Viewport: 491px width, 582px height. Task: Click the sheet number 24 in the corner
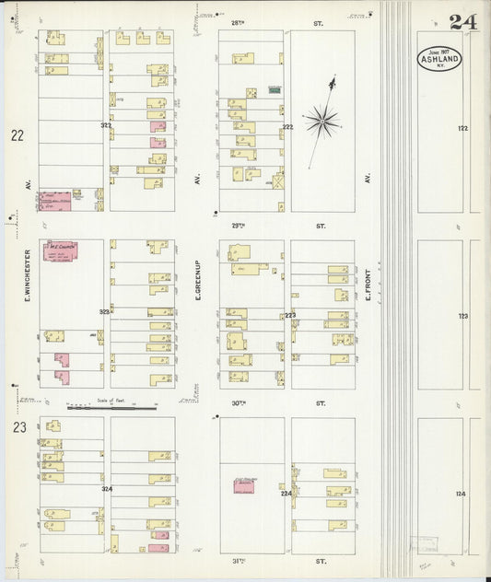[x=463, y=22]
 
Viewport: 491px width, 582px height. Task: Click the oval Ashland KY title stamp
[x=439, y=59]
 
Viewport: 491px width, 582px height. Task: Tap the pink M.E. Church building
[x=61, y=250]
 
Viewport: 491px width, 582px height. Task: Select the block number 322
[x=106, y=124]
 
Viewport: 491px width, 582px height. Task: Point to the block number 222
[x=287, y=126]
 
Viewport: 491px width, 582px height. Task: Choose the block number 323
[x=105, y=312]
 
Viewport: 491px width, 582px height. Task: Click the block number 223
[x=289, y=315]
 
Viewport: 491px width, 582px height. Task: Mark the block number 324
[x=106, y=489]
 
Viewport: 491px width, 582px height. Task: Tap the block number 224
[x=286, y=494]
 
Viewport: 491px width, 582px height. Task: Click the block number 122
[x=462, y=129]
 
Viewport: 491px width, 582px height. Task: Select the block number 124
[x=461, y=494]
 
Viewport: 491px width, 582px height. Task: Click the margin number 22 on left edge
[x=18, y=135]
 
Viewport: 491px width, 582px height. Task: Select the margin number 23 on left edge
[x=18, y=426]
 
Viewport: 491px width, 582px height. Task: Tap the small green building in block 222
[x=273, y=90]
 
